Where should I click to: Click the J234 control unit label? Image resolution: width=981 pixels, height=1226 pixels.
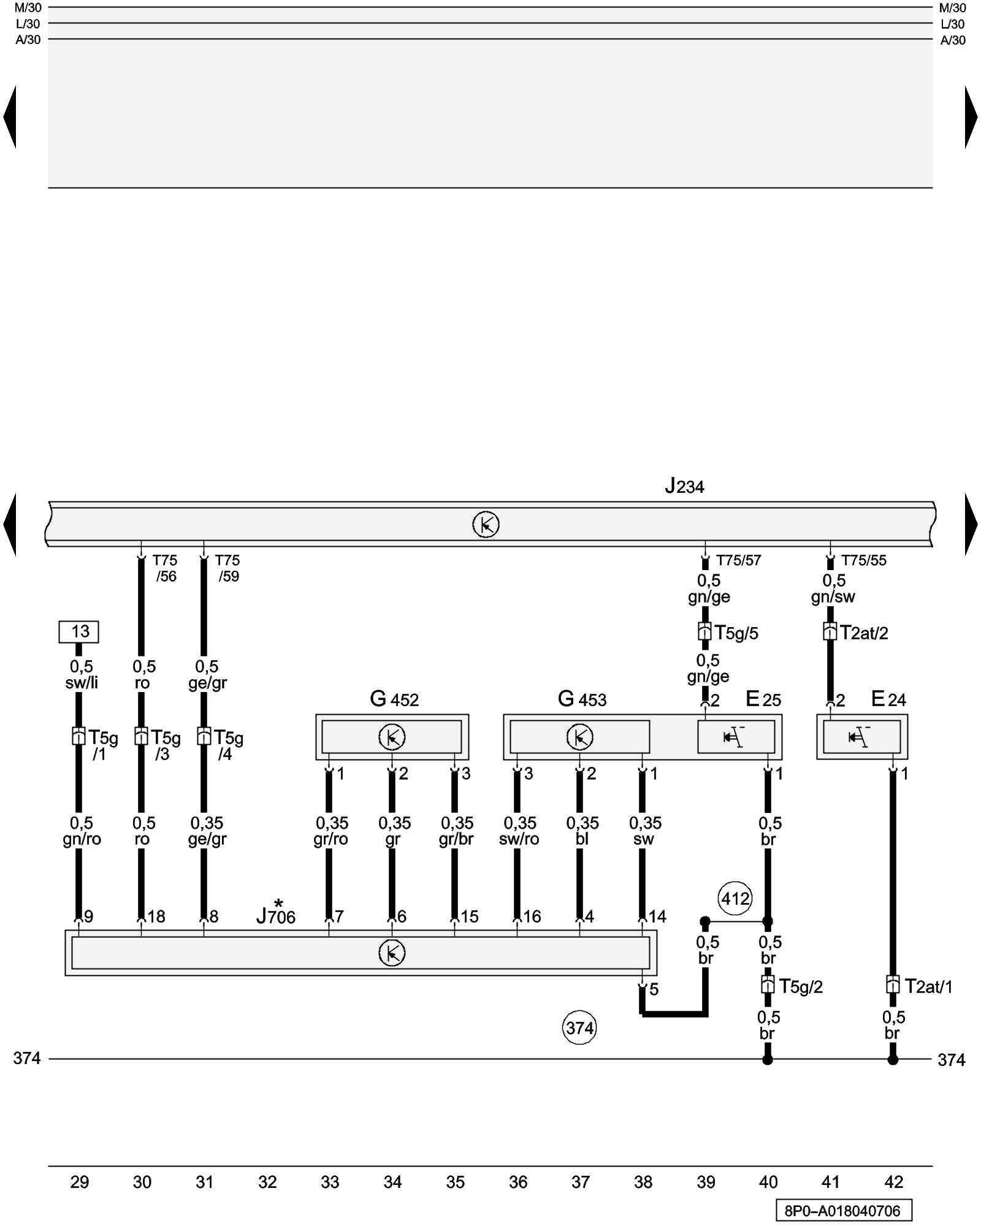click(684, 487)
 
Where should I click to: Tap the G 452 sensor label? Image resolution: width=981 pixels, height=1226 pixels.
click(394, 699)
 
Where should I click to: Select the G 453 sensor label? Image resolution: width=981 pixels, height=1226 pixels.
click(582, 699)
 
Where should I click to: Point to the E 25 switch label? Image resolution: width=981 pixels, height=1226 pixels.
click(763, 699)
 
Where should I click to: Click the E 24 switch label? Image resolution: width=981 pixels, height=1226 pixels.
click(888, 699)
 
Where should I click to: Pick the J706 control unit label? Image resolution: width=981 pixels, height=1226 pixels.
click(276, 916)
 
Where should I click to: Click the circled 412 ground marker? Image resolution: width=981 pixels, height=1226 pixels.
click(735, 899)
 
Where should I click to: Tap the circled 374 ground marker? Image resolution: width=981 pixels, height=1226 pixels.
click(579, 1027)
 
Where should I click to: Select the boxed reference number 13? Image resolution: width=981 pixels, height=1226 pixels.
click(79, 631)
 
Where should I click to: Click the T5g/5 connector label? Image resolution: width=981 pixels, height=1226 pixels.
click(736, 633)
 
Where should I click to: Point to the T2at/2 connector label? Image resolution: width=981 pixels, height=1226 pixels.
click(864, 633)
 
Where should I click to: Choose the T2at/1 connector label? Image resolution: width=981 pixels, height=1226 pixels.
click(928, 986)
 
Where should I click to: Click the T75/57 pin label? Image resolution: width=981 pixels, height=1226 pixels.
click(738, 560)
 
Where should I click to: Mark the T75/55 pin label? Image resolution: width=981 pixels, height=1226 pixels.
click(863, 560)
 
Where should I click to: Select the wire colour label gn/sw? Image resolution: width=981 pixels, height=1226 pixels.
click(833, 597)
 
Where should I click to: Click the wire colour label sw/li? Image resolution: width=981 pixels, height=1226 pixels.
click(82, 683)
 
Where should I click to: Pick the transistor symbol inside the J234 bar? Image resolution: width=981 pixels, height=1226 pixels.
click(486, 525)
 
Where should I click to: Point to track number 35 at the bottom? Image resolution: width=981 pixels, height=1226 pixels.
click(456, 1182)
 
